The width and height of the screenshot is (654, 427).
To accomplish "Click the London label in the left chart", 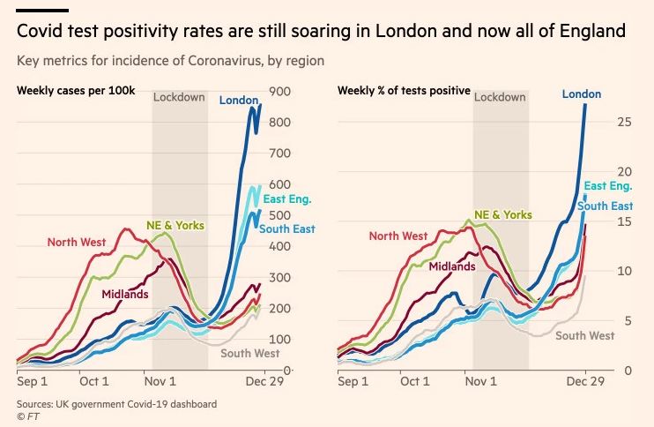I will [238, 101].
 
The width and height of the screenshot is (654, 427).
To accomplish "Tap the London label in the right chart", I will [581, 94].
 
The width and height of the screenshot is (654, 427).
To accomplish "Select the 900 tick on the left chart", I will [279, 92].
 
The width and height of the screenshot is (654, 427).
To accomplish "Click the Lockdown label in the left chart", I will [179, 97].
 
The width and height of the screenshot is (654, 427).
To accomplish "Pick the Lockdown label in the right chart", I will [500, 97].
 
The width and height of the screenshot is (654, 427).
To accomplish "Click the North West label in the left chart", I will [77, 242].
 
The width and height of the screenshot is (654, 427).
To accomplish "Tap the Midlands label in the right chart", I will [453, 266].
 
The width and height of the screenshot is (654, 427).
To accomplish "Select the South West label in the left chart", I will [249, 354].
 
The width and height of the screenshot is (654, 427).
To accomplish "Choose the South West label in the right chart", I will [584, 336].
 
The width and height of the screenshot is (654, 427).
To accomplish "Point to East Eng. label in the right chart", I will [607, 187].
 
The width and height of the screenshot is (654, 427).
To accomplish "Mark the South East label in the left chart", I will [286, 229].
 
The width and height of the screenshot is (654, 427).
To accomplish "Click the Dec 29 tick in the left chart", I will [260, 382].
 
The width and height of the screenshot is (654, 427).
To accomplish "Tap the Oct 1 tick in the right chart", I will [414, 382].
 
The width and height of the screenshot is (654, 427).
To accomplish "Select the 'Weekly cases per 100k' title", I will [75, 91].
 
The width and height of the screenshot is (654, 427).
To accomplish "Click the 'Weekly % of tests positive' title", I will [404, 91].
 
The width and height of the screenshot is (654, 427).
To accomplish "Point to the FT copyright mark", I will [26, 416].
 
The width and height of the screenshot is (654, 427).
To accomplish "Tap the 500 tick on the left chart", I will [279, 215].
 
